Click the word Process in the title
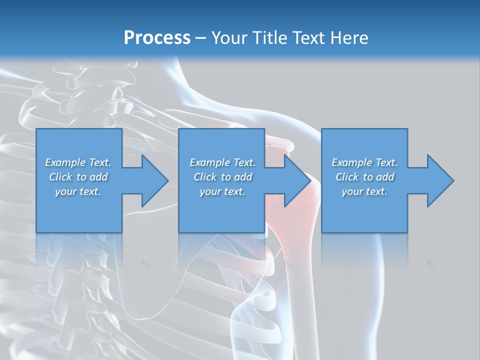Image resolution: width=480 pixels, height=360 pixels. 157,38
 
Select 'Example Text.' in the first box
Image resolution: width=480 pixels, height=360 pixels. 78,162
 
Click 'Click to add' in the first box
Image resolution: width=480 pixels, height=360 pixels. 78,177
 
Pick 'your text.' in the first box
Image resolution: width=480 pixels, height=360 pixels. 78,191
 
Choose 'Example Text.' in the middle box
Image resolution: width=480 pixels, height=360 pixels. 222,162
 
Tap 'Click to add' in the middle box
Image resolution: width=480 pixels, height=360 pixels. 222,177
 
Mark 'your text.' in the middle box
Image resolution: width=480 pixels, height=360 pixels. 222,191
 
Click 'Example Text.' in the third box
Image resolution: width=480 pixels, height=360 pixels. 364,162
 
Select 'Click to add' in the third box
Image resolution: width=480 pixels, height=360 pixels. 364,177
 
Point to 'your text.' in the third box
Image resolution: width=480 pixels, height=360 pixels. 364,191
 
